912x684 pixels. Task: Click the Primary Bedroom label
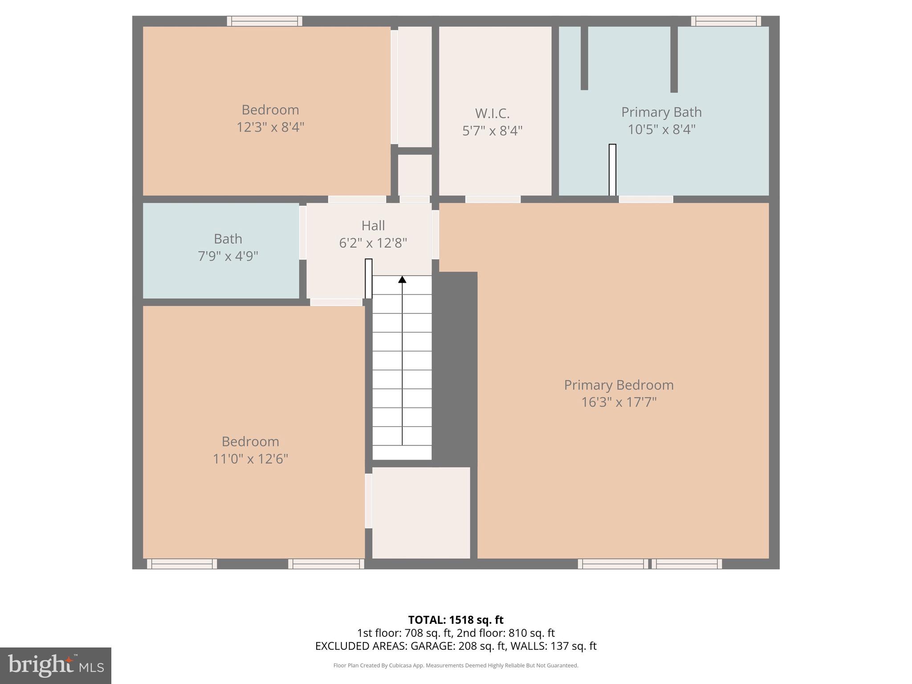[619, 385]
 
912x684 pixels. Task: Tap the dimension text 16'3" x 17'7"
[619, 403]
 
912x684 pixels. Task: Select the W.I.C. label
[492, 114]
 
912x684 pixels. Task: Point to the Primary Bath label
[661, 112]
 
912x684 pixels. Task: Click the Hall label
[373, 226]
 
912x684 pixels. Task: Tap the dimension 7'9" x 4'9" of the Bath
[228, 256]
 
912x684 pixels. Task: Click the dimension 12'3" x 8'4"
[270, 127]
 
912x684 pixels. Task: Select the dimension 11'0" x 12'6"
[250, 459]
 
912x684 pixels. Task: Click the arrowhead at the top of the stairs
[402, 280]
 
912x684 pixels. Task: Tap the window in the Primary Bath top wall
[725, 21]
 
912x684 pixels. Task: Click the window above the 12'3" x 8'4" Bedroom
[265, 21]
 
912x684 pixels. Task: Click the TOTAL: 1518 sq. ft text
[456, 620]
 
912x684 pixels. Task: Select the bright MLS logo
[55, 665]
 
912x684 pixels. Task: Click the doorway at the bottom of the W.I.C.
[493, 199]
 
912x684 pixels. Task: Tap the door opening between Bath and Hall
[302, 232]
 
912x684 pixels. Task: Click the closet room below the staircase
[421, 512]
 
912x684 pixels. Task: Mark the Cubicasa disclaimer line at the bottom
[456, 665]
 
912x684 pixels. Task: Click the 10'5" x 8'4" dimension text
[661, 130]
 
